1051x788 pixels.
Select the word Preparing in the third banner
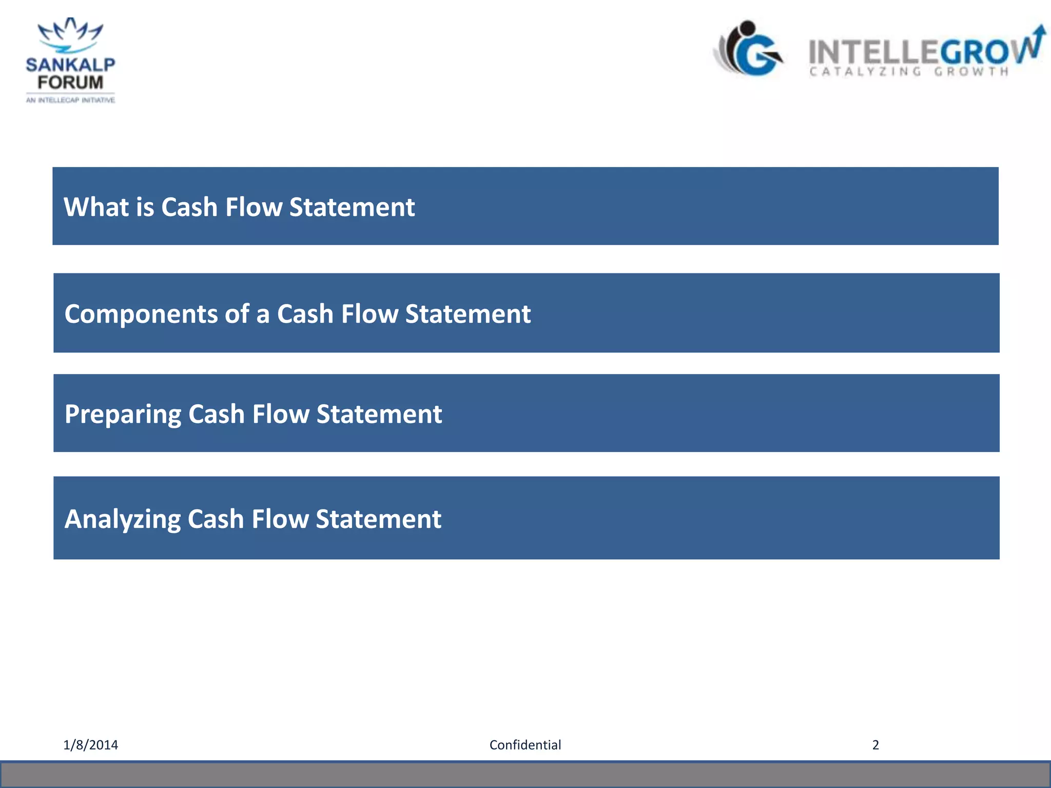[x=123, y=415]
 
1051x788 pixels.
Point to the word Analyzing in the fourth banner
[x=122, y=519]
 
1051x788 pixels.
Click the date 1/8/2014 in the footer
[x=90, y=745]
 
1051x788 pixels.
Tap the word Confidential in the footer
[x=525, y=745]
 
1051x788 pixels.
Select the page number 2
[x=875, y=745]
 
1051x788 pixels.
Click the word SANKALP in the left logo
[x=70, y=65]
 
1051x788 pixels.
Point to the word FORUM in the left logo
[x=70, y=82]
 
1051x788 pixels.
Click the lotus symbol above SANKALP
[x=70, y=34]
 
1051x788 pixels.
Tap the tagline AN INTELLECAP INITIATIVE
[x=70, y=100]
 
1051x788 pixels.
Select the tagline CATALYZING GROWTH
[x=909, y=72]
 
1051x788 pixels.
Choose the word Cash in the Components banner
[x=305, y=314]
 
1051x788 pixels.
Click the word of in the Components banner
[x=237, y=314]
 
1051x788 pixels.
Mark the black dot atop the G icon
[x=747, y=28]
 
